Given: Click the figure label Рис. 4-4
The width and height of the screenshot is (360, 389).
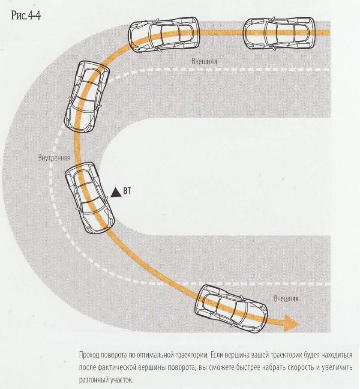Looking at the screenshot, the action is point(26,15).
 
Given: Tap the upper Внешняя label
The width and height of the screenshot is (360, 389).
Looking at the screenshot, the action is point(204,61).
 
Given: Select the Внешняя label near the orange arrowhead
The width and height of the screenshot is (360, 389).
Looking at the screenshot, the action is point(286,299).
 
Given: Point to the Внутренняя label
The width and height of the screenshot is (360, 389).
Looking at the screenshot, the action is point(54,158).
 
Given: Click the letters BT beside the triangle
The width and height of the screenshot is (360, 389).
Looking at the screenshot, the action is point(126,191).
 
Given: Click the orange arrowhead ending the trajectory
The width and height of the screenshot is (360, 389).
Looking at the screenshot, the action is point(292,323).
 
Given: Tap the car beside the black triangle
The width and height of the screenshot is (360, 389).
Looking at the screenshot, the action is point(89,198).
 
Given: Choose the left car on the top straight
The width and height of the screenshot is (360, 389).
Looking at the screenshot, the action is point(164,34).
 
